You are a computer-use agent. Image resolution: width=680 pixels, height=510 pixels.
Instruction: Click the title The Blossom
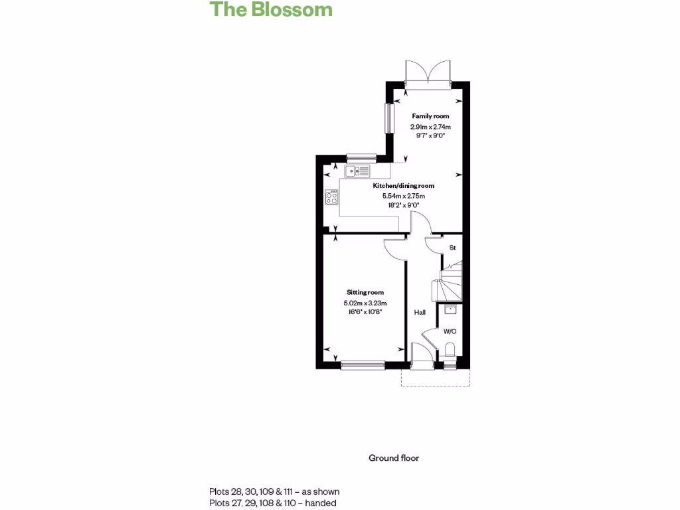pyautogui.click(x=271, y=9)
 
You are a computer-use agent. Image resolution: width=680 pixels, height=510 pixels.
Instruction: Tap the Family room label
pyautogui.click(x=430, y=116)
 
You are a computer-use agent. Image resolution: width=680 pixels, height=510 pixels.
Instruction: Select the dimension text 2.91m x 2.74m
pyautogui.click(x=430, y=126)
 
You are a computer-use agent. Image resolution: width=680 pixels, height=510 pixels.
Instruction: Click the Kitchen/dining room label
pyautogui.click(x=403, y=186)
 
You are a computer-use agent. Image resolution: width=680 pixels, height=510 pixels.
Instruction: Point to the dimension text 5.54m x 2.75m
pyautogui.click(x=403, y=196)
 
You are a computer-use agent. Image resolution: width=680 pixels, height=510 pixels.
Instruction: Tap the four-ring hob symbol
pyautogui.click(x=332, y=197)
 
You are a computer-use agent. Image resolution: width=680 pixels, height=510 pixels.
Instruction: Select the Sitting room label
pyautogui.click(x=365, y=292)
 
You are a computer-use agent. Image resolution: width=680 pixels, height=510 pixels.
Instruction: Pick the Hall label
pyautogui.click(x=420, y=312)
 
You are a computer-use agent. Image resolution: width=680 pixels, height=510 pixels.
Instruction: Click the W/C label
pyautogui.click(x=450, y=331)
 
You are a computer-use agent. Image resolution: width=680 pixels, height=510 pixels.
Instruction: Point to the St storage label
pyautogui.click(x=453, y=248)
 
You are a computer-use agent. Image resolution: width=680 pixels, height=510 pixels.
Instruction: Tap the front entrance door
pyautogui.click(x=421, y=355)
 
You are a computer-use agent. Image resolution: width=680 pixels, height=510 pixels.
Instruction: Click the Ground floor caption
pyautogui.click(x=394, y=458)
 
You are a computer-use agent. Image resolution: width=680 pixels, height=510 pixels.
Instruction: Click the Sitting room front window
pyautogui.click(x=363, y=364)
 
